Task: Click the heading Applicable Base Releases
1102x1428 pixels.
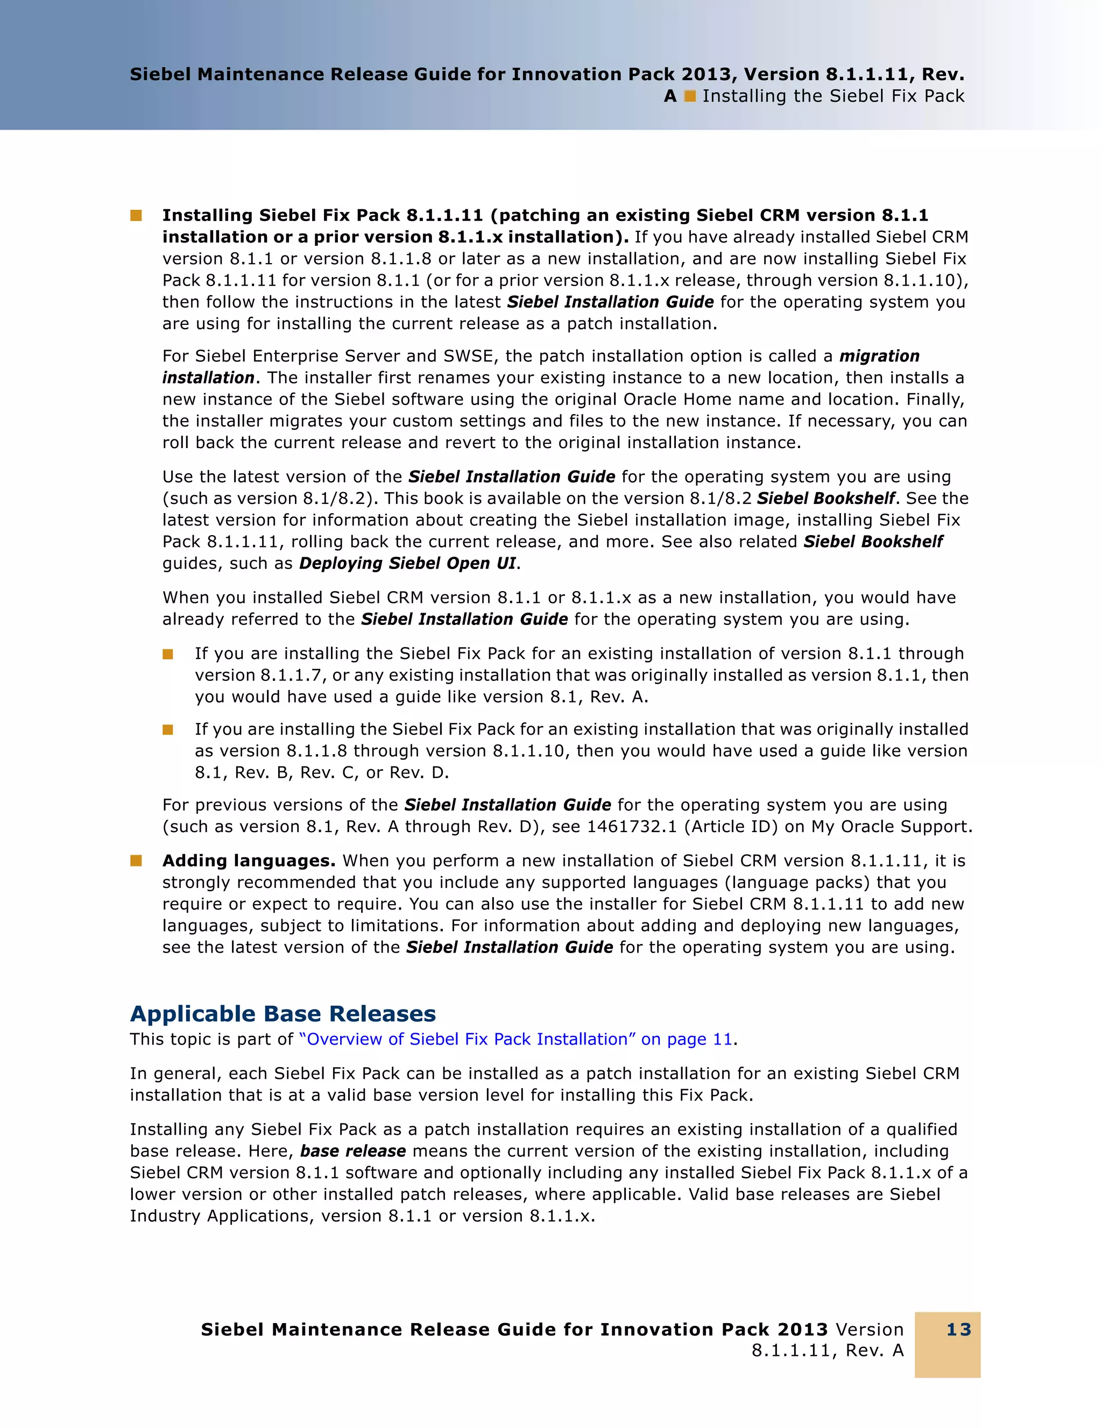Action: point(282,1013)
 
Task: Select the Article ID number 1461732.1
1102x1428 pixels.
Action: point(631,827)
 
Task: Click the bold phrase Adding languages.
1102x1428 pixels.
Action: point(249,861)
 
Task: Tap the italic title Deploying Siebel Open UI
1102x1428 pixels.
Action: point(407,563)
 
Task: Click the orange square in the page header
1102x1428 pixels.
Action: point(689,96)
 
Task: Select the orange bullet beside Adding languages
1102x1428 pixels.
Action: point(136,861)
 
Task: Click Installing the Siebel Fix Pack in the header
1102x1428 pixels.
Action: point(832,96)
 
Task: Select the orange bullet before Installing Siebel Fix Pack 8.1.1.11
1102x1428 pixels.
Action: point(136,215)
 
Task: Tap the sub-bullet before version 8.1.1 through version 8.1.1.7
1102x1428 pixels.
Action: point(168,654)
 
